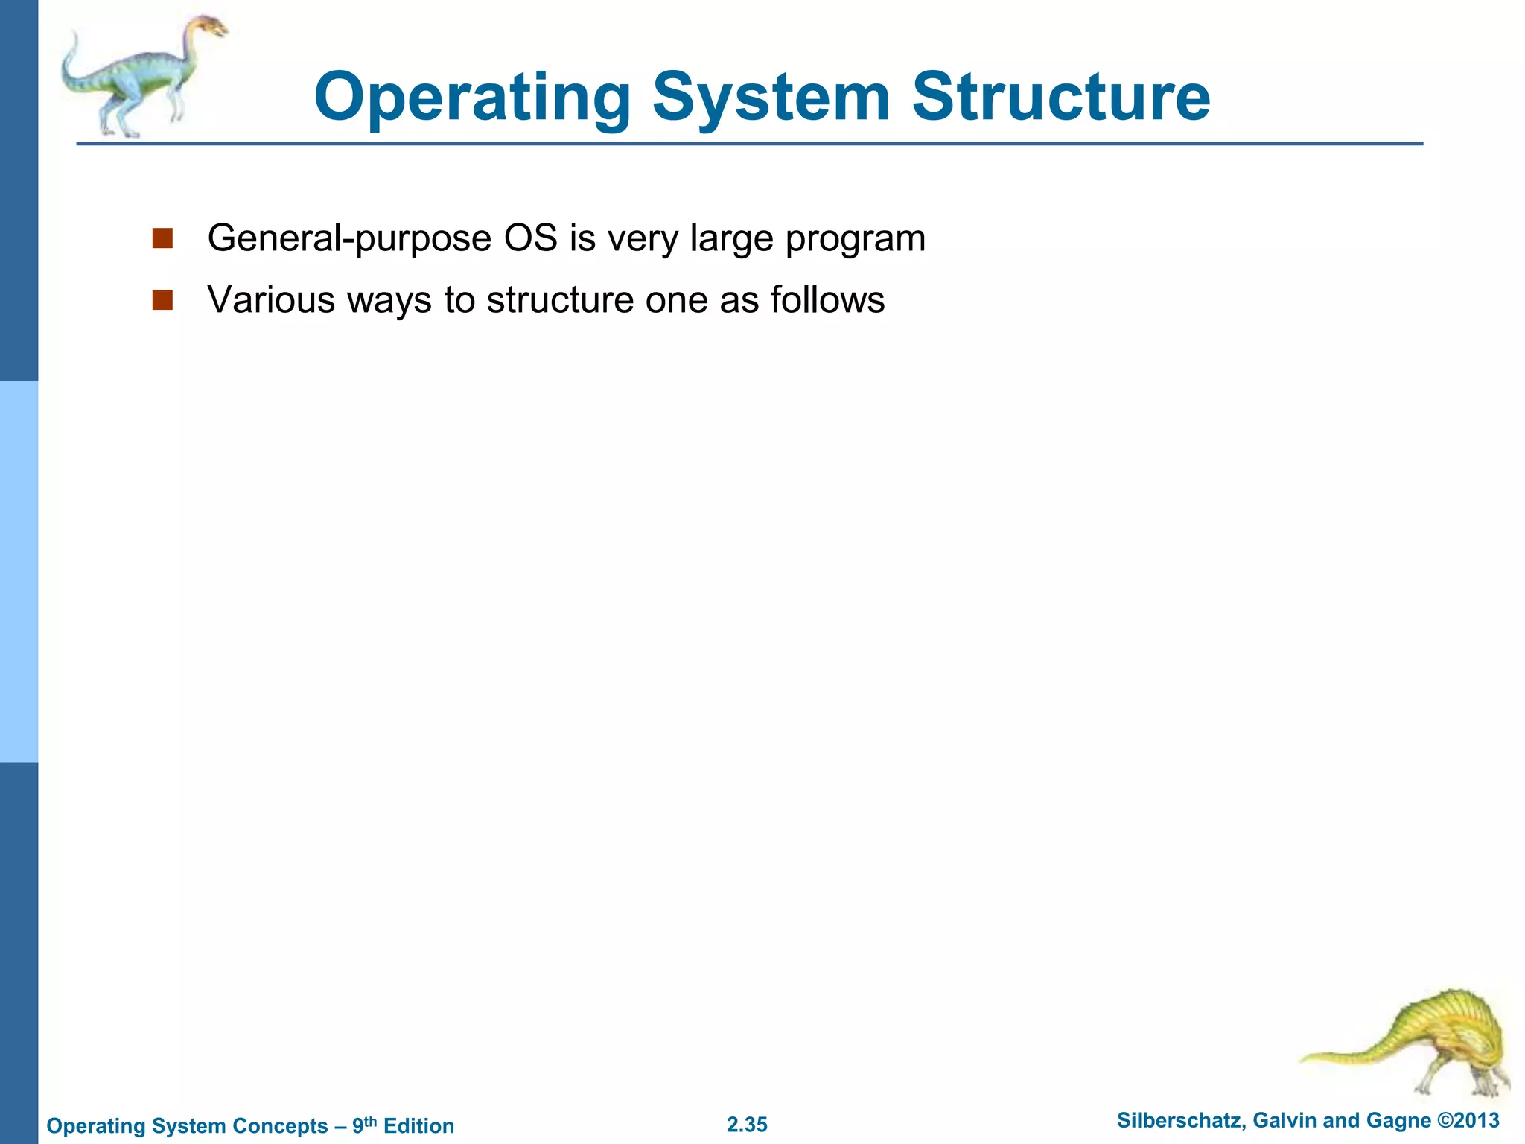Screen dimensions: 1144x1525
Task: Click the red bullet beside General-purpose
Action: tap(162, 238)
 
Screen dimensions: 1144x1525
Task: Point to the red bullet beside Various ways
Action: tap(162, 300)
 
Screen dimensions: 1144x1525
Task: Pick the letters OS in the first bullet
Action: tap(530, 238)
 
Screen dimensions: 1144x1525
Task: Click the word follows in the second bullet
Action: tap(827, 300)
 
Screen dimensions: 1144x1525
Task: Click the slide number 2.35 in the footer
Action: tap(747, 1125)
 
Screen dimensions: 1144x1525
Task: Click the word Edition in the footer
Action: tap(418, 1126)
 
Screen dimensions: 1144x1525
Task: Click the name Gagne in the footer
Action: tap(1401, 1122)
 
